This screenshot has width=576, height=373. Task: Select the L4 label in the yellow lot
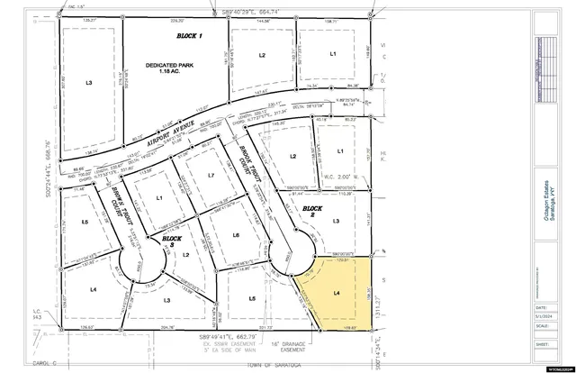(x=337, y=293)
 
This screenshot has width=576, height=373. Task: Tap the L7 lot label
(x=210, y=175)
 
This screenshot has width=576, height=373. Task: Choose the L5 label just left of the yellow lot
(x=253, y=298)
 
